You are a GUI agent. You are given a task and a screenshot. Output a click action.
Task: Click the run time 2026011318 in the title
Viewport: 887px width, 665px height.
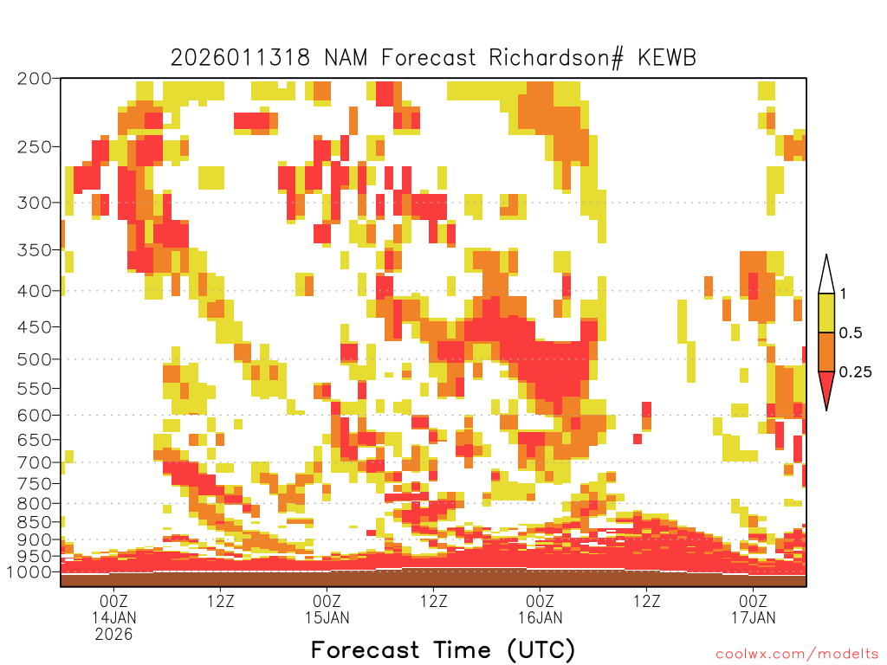click(241, 58)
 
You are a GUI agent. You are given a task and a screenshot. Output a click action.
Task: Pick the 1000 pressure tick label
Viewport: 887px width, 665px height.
click(29, 571)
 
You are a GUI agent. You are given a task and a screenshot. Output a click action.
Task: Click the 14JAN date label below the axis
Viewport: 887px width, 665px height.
click(114, 617)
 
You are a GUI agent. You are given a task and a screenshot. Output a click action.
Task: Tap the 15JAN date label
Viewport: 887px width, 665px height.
click(327, 617)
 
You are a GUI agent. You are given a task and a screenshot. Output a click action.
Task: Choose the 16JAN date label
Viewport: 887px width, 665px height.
click(540, 617)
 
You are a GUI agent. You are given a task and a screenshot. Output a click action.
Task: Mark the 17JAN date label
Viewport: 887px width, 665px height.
click(753, 617)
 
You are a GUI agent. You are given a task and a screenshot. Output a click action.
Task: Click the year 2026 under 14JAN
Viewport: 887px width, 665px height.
click(114, 634)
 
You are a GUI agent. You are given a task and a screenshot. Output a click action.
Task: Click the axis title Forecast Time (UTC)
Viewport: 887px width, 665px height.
click(443, 649)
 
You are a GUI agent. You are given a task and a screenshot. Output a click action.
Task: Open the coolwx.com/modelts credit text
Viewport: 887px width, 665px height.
click(797, 654)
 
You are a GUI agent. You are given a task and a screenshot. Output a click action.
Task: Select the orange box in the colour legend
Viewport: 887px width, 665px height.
click(825, 352)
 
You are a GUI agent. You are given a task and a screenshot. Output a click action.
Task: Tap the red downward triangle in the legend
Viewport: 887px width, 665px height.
click(825, 389)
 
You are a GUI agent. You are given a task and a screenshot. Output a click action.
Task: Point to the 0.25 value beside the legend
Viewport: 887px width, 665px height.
click(855, 372)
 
